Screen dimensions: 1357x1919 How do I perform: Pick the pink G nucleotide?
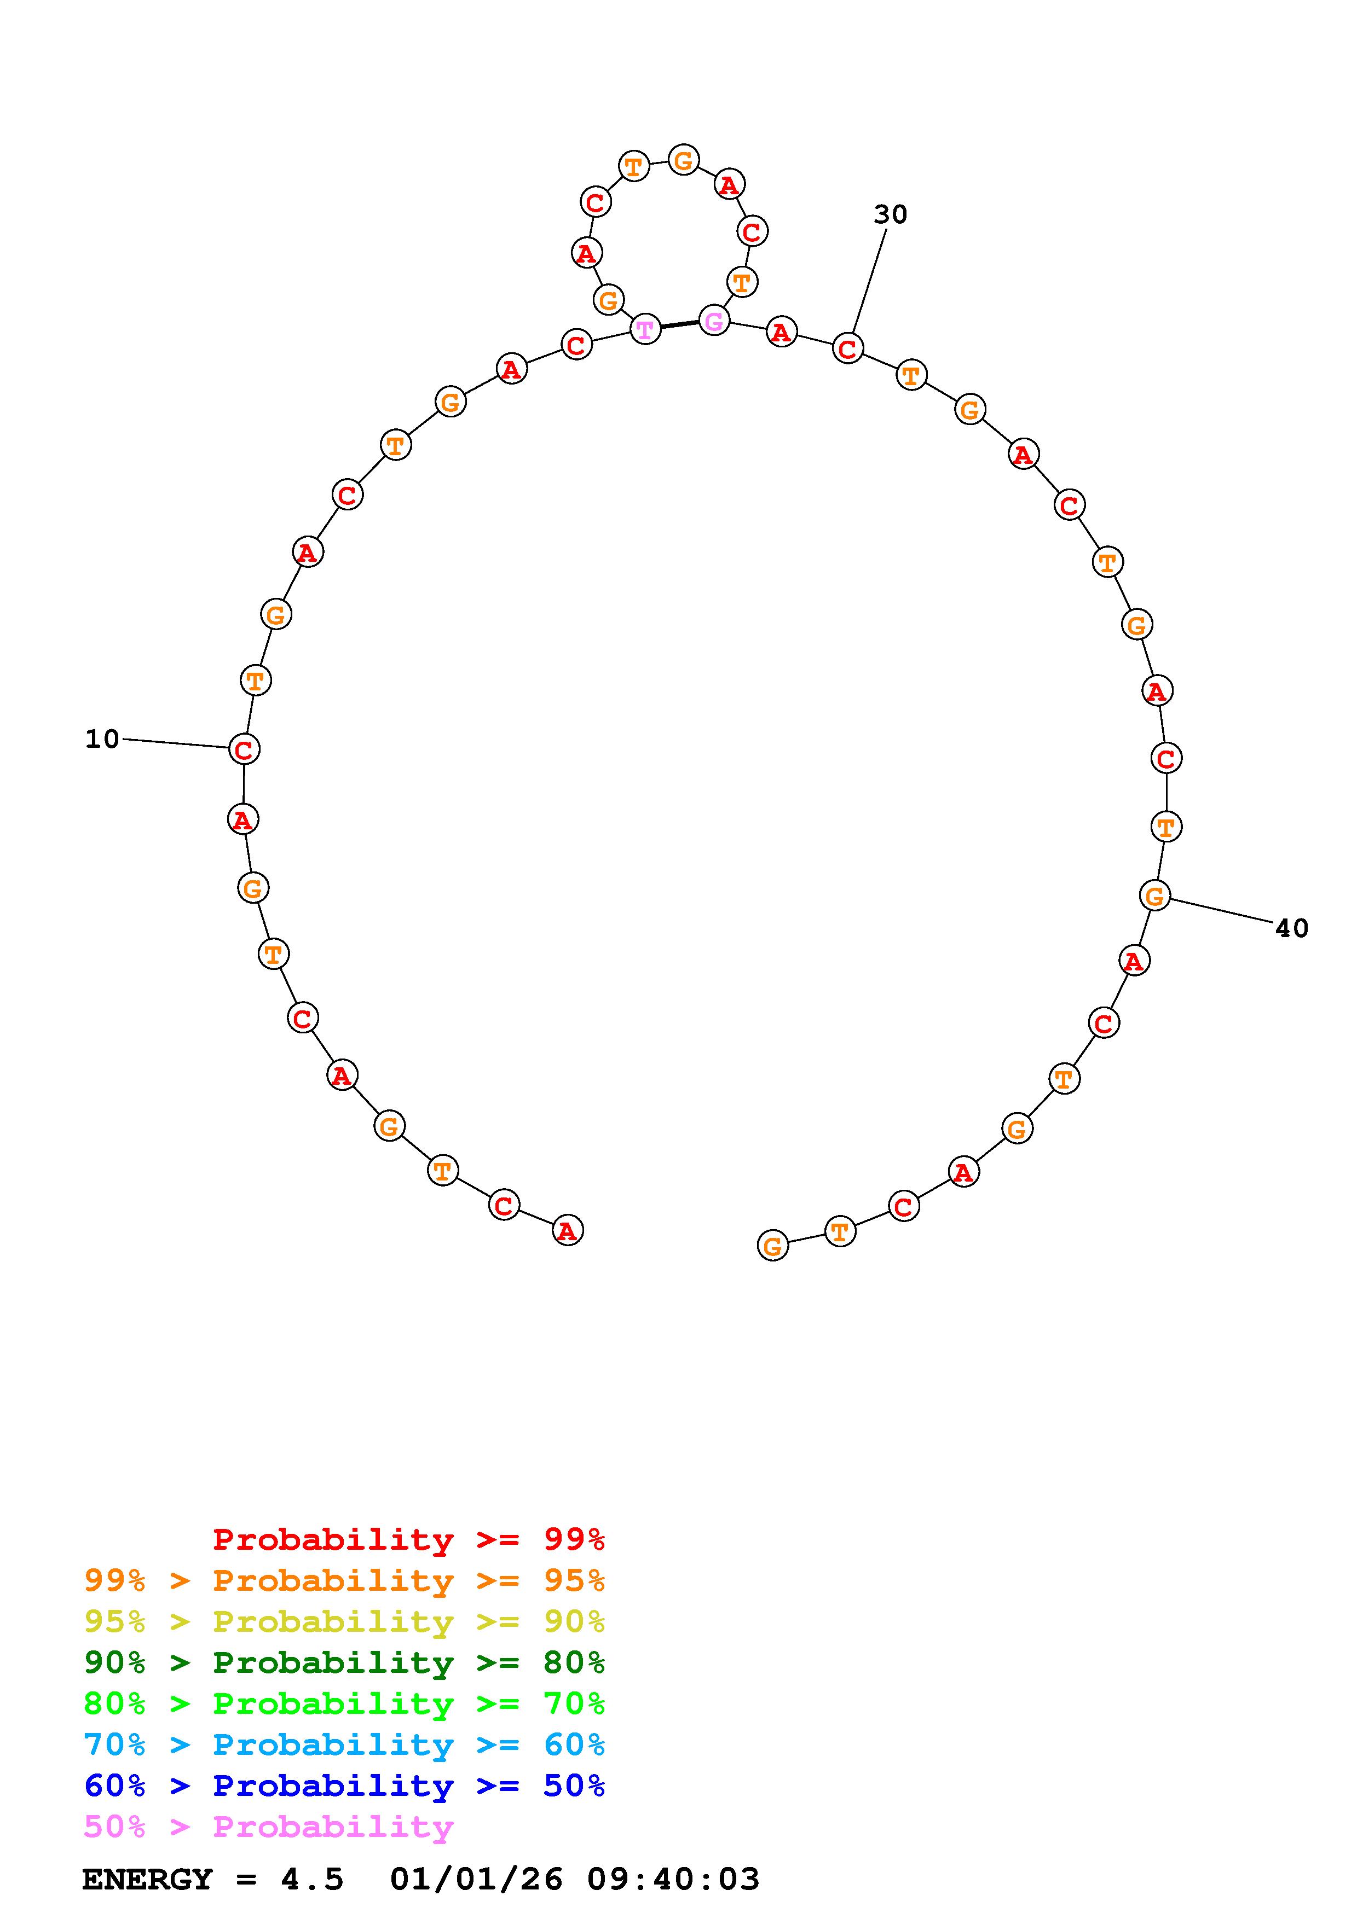pos(713,320)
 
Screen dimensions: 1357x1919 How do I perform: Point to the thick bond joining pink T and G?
pos(679,324)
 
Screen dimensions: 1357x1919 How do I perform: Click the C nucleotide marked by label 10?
pos(243,749)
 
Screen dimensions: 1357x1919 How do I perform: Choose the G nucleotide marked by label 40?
pos(1154,895)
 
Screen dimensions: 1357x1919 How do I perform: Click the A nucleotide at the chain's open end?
pos(568,1230)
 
